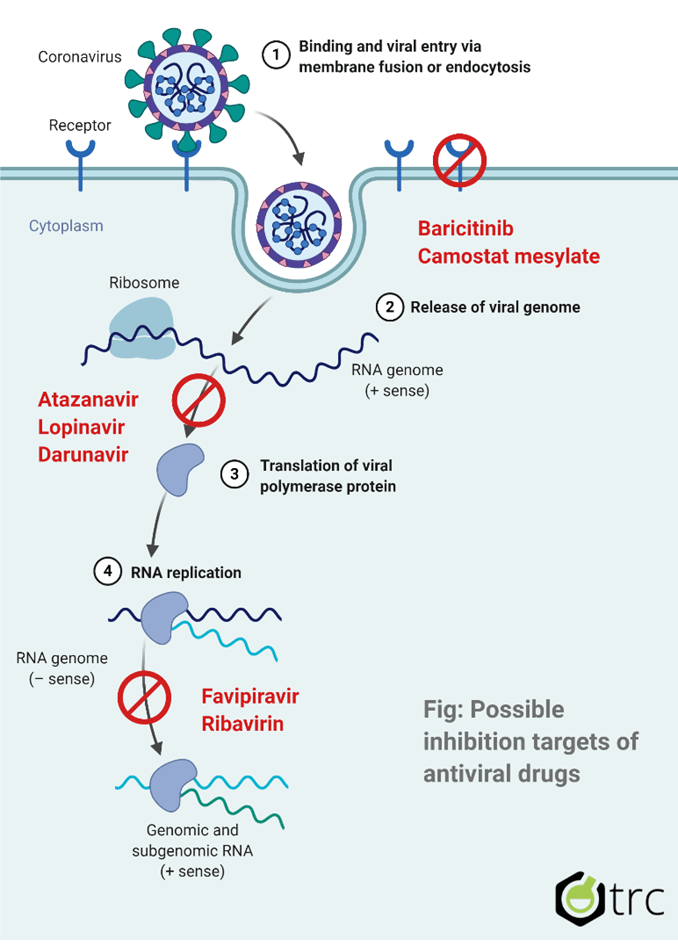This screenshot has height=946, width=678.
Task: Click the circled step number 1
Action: [x=275, y=56]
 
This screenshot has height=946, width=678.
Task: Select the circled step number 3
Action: [x=234, y=475]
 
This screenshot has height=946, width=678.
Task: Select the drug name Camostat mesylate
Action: [x=509, y=256]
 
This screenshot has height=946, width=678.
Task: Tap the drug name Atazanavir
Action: [x=88, y=400]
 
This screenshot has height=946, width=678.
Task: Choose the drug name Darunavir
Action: [x=83, y=454]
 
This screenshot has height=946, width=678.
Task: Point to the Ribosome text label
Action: [x=144, y=283]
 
